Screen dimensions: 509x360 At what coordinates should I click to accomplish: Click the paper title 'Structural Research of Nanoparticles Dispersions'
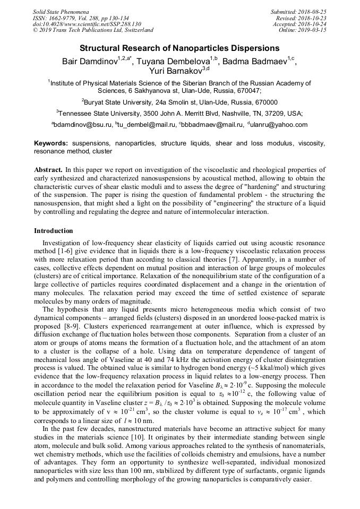pyautogui.click(x=179, y=48)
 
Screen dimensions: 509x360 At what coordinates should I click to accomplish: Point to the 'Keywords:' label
pyautogui.click(x=51, y=144)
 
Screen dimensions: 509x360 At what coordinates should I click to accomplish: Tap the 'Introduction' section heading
pyautogui.click(x=54, y=231)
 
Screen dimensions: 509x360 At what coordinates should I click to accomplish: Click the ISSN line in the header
pyautogui.click(x=78, y=18)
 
